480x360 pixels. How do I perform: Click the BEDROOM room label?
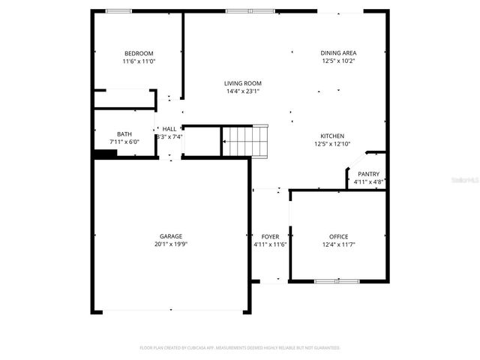click(x=139, y=53)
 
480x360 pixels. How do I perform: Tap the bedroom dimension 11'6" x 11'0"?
click(x=139, y=61)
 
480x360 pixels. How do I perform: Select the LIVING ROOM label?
click(x=243, y=83)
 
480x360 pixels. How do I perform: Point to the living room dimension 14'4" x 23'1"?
click(x=243, y=91)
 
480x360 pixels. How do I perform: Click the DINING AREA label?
click(x=338, y=53)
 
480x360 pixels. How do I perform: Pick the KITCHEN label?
click(x=332, y=136)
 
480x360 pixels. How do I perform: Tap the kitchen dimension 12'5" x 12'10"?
click(x=332, y=144)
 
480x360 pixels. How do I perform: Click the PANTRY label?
click(x=368, y=173)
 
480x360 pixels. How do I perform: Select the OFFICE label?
click(x=338, y=236)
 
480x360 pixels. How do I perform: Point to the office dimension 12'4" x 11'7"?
click(x=338, y=244)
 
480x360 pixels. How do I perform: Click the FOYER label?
click(x=270, y=236)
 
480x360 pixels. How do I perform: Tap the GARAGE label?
click(x=170, y=236)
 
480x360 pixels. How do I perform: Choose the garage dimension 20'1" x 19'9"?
click(x=170, y=244)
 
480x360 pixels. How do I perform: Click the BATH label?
click(x=124, y=133)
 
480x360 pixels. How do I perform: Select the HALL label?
click(x=169, y=128)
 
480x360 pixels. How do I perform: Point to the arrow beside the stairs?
click(x=224, y=140)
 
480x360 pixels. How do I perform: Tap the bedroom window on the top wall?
click(x=118, y=10)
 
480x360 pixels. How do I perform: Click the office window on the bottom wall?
click(x=335, y=282)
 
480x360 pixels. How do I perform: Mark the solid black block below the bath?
click(x=105, y=154)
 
